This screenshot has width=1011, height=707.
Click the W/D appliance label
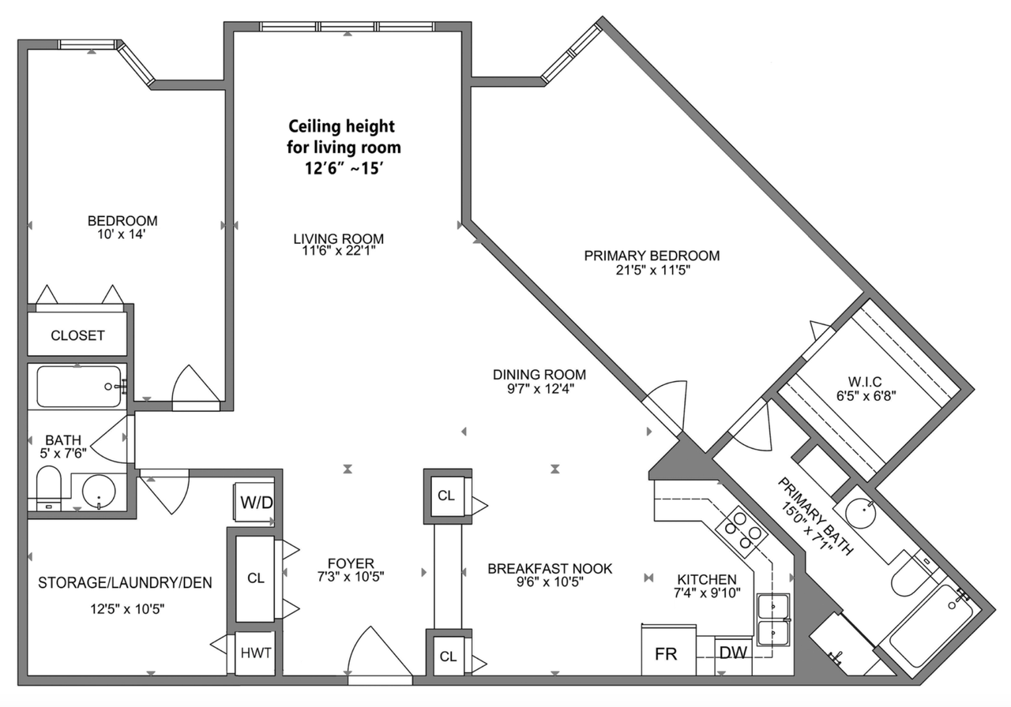(x=257, y=502)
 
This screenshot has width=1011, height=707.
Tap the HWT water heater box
(x=255, y=653)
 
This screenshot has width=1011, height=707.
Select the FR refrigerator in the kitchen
(x=668, y=649)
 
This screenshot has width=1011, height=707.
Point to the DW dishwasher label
(x=733, y=653)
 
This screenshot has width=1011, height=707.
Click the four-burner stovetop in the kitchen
(x=742, y=532)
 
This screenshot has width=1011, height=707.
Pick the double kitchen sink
(x=773, y=620)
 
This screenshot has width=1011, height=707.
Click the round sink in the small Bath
(x=100, y=492)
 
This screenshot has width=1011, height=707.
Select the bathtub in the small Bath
(x=79, y=387)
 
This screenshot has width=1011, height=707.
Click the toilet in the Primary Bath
(x=911, y=573)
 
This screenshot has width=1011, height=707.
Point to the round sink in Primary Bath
(x=860, y=514)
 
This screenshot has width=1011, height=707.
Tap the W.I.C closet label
(x=865, y=382)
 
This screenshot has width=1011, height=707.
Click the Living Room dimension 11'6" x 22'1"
(x=339, y=251)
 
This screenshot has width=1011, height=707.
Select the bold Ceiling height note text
(x=344, y=147)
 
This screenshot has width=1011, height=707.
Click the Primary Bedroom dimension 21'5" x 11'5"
(x=653, y=270)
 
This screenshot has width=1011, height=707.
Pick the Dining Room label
(x=539, y=374)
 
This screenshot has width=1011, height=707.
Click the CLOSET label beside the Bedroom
(x=77, y=335)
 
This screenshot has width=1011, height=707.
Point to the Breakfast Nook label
(x=550, y=569)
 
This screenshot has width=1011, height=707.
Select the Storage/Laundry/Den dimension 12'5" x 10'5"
(x=127, y=610)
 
